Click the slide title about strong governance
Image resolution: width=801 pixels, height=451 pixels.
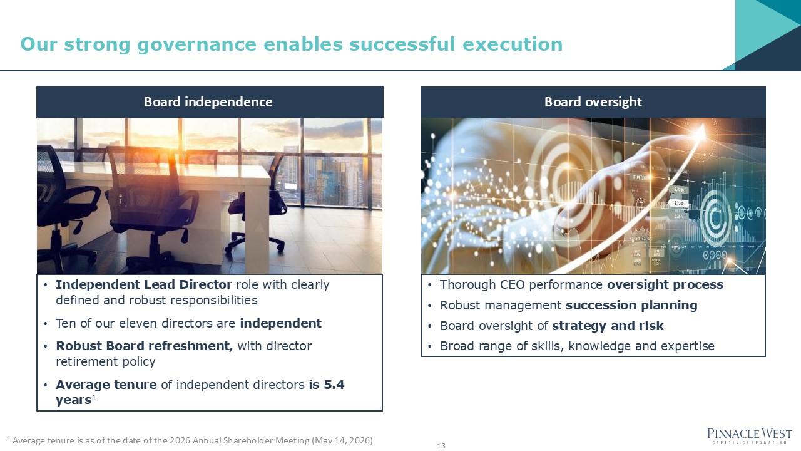pyautogui.click(x=292, y=44)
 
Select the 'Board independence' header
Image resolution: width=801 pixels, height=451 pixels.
pyautogui.click(x=208, y=102)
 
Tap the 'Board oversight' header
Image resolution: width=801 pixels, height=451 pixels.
pyautogui.click(x=593, y=102)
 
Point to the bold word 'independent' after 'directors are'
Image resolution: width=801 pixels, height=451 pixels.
pyautogui.click(x=280, y=324)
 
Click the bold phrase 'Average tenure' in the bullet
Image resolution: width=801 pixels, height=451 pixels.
pyautogui.click(x=106, y=385)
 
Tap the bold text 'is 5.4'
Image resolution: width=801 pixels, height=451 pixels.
pyautogui.click(x=327, y=385)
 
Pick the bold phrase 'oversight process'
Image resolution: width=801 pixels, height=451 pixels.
pyautogui.click(x=665, y=285)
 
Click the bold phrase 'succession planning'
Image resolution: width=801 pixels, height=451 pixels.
pyautogui.click(x=631, y=306)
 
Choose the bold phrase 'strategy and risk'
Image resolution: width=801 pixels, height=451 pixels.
pyautogui.click(x=608, y=326)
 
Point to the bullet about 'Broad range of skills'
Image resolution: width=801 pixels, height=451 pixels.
pyautogui.click(x=577, y=346)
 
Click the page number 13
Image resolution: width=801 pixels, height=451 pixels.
pyautogui.click(x=441, y=446)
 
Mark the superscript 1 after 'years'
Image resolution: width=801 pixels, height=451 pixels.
pyautogui.click(x=94, y=397)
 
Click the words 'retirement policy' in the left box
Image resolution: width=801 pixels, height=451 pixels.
pyautogui.click(x=105, y=362)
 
